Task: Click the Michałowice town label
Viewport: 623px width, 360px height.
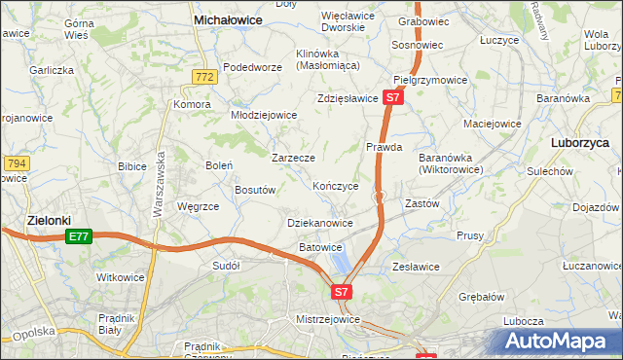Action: pos(231,18)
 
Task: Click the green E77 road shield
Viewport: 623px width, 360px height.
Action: pos(79,237)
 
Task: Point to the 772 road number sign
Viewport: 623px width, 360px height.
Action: pos(203,77)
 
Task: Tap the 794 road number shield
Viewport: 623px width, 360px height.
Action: pos(15,164)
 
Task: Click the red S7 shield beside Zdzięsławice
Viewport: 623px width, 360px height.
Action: pos(391,98)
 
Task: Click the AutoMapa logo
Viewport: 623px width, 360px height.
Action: pos(559,342)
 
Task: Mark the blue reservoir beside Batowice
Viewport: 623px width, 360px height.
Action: pos(340,261)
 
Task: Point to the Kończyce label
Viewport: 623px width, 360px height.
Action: pos(336,186)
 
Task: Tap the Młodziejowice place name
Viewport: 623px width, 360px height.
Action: pos(263,115)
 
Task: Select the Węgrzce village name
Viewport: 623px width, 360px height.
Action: pos(198,206)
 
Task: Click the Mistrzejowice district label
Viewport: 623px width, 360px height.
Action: pos(329,319)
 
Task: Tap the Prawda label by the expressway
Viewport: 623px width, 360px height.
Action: pos(385,147)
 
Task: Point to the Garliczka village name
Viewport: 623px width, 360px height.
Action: pos(52,70)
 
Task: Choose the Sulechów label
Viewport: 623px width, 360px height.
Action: pos(550,170)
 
